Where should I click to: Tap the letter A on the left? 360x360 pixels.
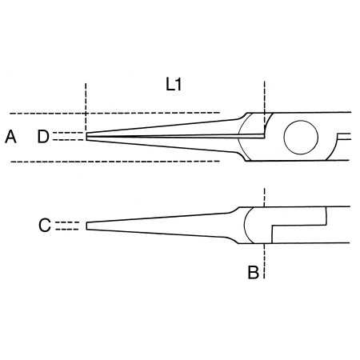[x=10, y=137]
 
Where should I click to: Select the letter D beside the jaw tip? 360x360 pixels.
[x=43, y=137]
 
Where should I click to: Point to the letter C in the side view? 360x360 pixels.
[x=45, y=226]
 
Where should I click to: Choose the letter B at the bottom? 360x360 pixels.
[x=253, y=273]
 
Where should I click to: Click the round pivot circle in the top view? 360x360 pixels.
[x=301, y=136]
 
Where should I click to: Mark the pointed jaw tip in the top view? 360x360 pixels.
[x=88, y=137]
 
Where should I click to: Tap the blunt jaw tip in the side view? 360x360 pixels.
[x=87, y=226]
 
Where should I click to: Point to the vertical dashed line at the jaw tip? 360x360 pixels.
[x=83, y=104]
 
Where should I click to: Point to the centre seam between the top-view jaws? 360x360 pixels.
[x=176, y=137]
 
